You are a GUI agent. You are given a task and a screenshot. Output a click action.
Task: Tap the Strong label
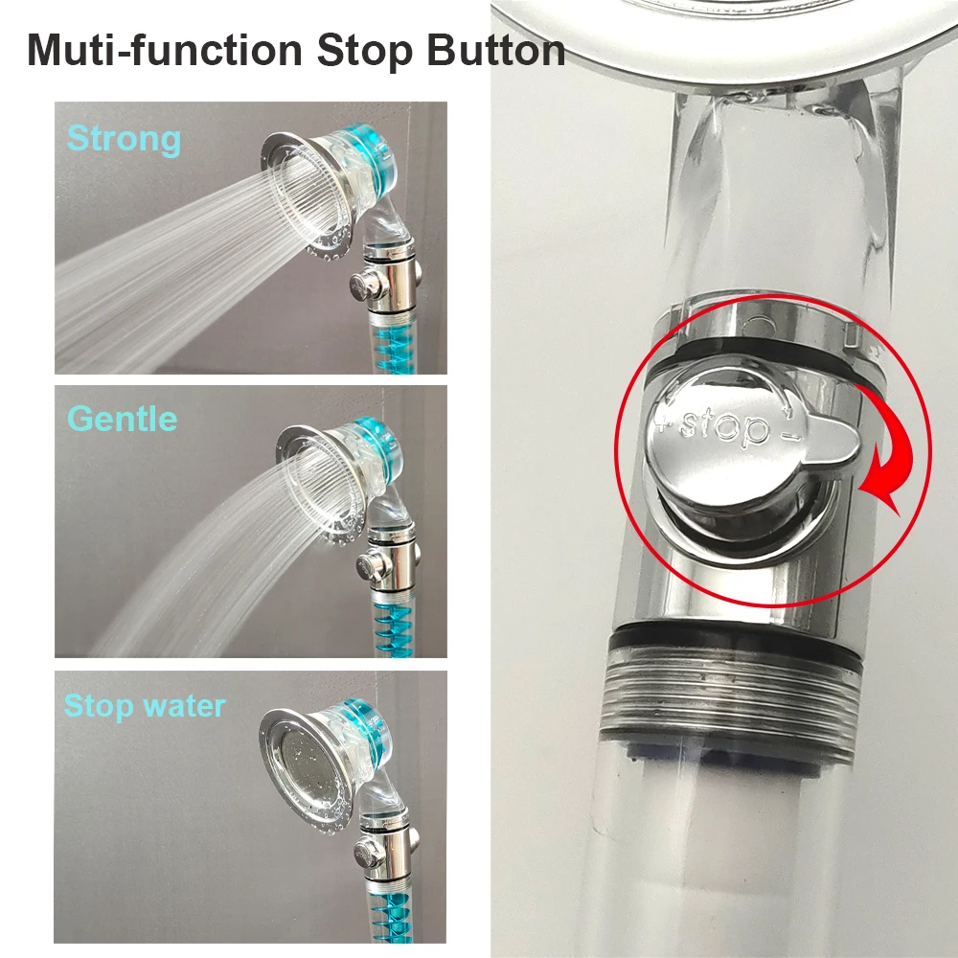click(124, 140)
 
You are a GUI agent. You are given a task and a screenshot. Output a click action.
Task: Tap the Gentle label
click(122, 420)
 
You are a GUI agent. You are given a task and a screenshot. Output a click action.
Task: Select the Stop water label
click(144, 707)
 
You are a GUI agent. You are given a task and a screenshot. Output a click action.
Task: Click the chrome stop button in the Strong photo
click(362, 284)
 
